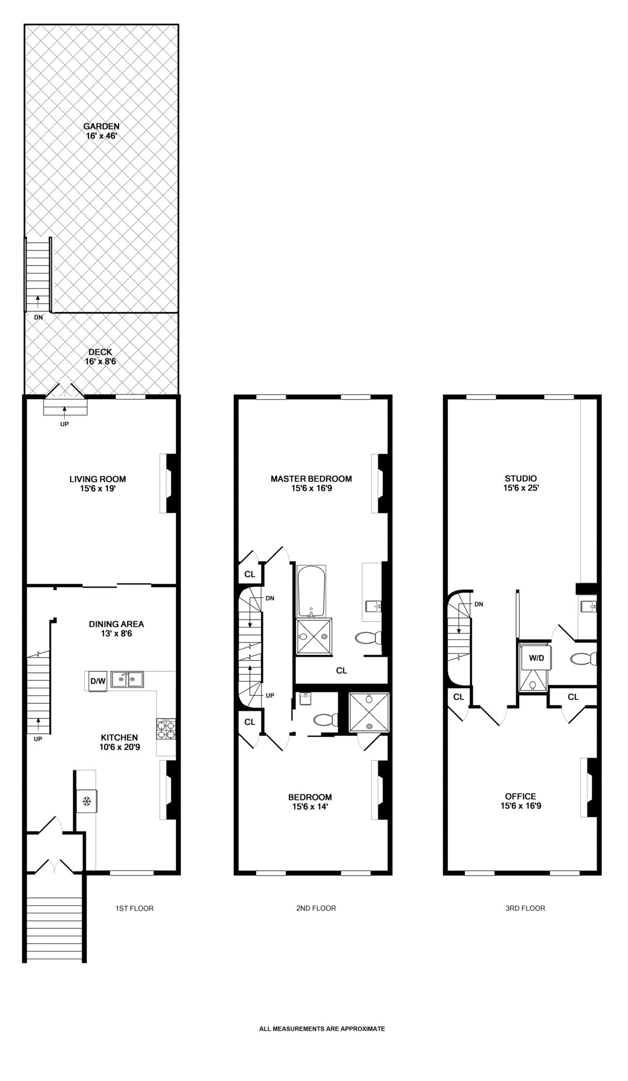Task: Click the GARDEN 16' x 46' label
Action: point(102,131)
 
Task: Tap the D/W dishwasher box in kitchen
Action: point(98,681)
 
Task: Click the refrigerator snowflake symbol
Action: point(87,801)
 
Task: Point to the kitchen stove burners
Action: point(166,729)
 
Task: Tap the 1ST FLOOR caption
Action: point(134,908)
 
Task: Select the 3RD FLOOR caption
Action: point(525,908)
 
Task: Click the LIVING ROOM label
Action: point(98,483)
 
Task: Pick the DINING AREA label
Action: point(116,628)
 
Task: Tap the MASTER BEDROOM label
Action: point(311,483)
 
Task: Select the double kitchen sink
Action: point(128,680)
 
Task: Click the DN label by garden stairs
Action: point(38,317)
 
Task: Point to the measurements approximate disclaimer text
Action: point(322,1028)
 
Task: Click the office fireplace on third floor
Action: point(590,787)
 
